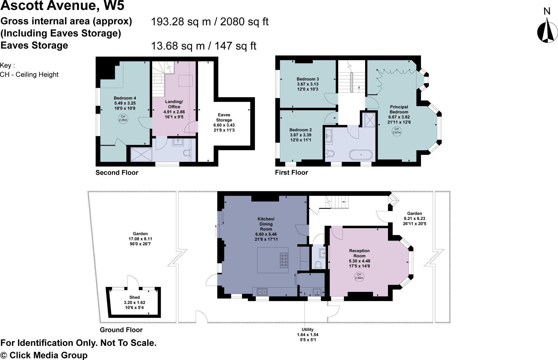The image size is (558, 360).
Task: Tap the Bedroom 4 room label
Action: [125, 103]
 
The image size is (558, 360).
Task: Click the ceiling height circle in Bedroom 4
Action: [123, 118]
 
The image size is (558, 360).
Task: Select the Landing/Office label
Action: [174, 109]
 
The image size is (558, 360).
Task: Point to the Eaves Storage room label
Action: [224, 122]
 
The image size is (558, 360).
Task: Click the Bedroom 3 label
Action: [308, 84]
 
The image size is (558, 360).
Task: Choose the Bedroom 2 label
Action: [301, 135]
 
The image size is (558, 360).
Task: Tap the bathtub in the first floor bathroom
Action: [361, 155]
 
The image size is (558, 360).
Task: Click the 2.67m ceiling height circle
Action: [397, 131]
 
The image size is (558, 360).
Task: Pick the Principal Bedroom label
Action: [399, 114]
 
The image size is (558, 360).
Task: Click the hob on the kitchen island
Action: [284, 261]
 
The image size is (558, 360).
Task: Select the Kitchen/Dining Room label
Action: [266, 229]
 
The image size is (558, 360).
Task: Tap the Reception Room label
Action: [359, 258]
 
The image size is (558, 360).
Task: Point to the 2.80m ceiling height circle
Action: [359, 277]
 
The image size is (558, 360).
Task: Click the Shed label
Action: [134, 302]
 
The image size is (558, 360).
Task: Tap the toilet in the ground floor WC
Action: [318, 265]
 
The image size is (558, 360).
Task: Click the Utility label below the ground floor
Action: [308, 335]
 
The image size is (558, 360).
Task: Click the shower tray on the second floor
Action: [141, 155]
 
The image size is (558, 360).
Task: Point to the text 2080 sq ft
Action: [244, 22]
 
